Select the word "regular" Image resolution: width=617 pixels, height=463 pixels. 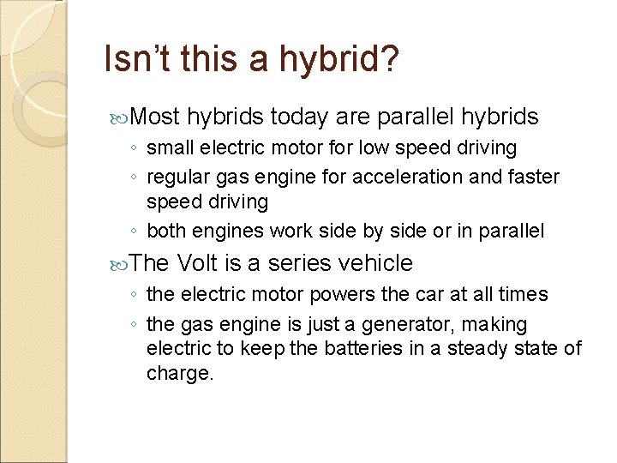pos(177,177)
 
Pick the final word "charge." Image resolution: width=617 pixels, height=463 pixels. pos(180,373)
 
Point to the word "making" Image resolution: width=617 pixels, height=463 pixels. pos(498,325)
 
